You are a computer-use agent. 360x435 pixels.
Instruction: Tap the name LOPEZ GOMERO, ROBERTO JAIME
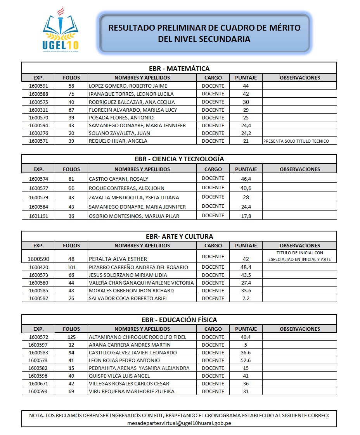point(128,86)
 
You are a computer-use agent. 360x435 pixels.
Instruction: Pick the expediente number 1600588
point(38,94)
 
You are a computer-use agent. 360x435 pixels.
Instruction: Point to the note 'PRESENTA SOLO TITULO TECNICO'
point(296,141)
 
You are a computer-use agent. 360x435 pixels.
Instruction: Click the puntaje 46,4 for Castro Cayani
point(246,179)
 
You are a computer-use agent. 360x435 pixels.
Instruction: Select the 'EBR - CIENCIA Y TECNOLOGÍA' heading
point(179,159)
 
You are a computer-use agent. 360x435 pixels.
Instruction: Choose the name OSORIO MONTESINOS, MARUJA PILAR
point(134,216)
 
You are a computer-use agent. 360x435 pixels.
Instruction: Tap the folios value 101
point(71,267)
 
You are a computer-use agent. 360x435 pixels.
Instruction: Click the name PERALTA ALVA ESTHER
point(118,259)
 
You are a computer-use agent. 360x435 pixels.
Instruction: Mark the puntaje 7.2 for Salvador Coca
point(246,298)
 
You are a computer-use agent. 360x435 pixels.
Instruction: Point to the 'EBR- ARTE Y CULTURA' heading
point(179,236)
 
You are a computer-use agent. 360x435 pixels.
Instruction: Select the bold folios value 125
point(71,337)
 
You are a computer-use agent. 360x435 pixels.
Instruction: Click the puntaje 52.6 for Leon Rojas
point(246,360)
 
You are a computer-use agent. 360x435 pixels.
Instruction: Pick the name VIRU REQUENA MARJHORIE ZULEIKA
point(132,391)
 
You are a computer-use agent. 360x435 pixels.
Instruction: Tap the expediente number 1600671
point(38,383)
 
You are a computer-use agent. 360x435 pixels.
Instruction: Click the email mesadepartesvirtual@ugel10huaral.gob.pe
point(179,423)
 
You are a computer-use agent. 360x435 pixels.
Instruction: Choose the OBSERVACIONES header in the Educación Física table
point(299,329)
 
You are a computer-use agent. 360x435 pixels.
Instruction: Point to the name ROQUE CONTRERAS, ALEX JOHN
point(126,188)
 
